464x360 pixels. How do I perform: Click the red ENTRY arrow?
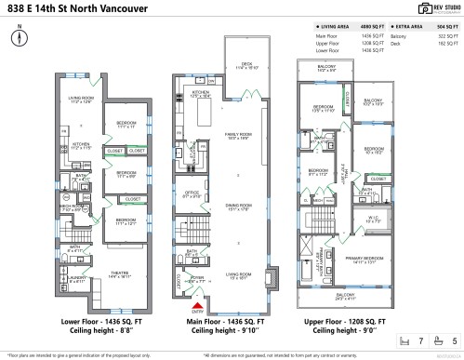click(195, 303)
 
